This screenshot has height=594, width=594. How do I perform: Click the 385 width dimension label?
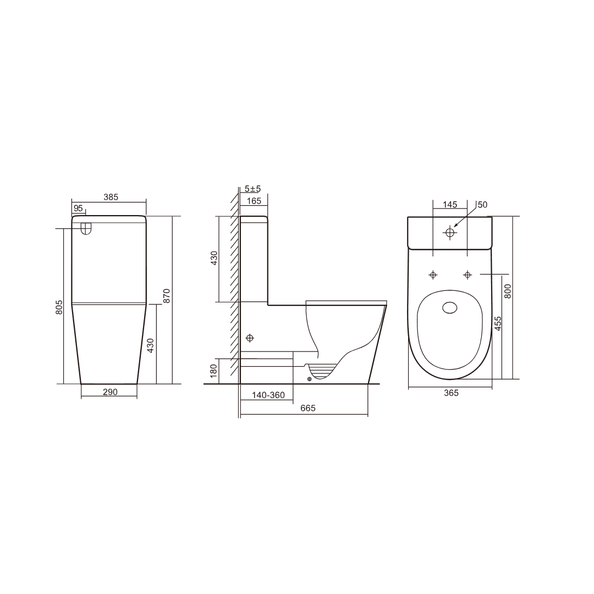(x=111, y=197)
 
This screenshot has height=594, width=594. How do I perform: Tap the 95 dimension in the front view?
(x=78, y=208)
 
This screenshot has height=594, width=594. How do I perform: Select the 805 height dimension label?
(x=59, y=307)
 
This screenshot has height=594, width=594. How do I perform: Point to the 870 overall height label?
(x=167, y=296)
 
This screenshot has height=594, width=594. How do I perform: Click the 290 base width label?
(x=110, y=392)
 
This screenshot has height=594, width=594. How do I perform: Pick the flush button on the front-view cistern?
(x=86, y=228)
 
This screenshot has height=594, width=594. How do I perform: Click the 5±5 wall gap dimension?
(x=252, y=189)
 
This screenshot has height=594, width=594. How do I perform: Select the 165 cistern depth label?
(x=254, y=201)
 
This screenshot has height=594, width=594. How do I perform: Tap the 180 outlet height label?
(x=213, y=370)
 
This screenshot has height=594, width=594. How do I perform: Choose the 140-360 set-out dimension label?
(x=268, y=395)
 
